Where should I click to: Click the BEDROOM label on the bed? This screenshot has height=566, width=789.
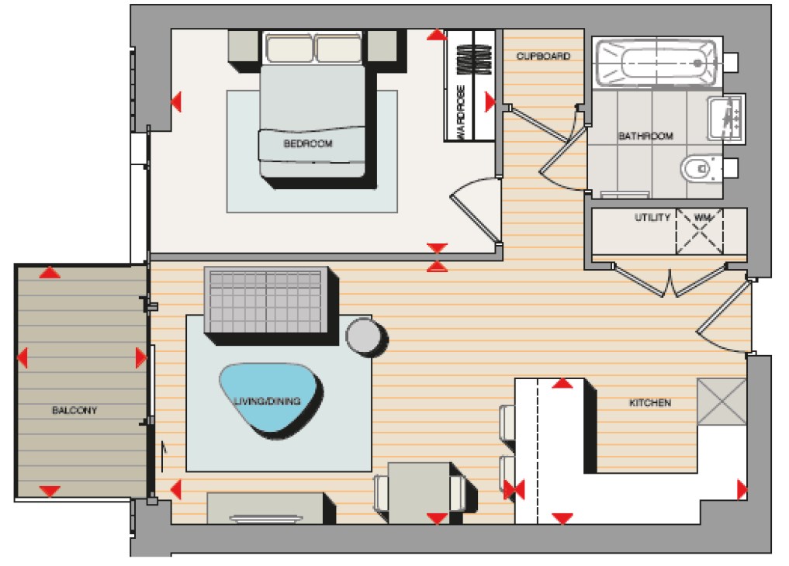(x=308, y=144)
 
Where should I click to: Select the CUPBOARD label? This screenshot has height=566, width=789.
(x=544, y=57)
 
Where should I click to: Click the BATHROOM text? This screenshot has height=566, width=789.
(x=645, y=136)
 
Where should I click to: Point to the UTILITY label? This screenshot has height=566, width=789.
(x=652, y=218)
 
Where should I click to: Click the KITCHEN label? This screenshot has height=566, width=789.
(x=649, y=403)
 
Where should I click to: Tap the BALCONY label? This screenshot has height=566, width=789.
(x=74, y=410)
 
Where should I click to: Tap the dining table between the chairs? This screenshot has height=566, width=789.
(x=419, y=491)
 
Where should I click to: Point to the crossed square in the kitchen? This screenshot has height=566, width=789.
(x=722, y=401)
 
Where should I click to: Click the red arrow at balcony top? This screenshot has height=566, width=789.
(x=50, y=273)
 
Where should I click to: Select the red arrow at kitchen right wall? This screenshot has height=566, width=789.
(x=741, y=490)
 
